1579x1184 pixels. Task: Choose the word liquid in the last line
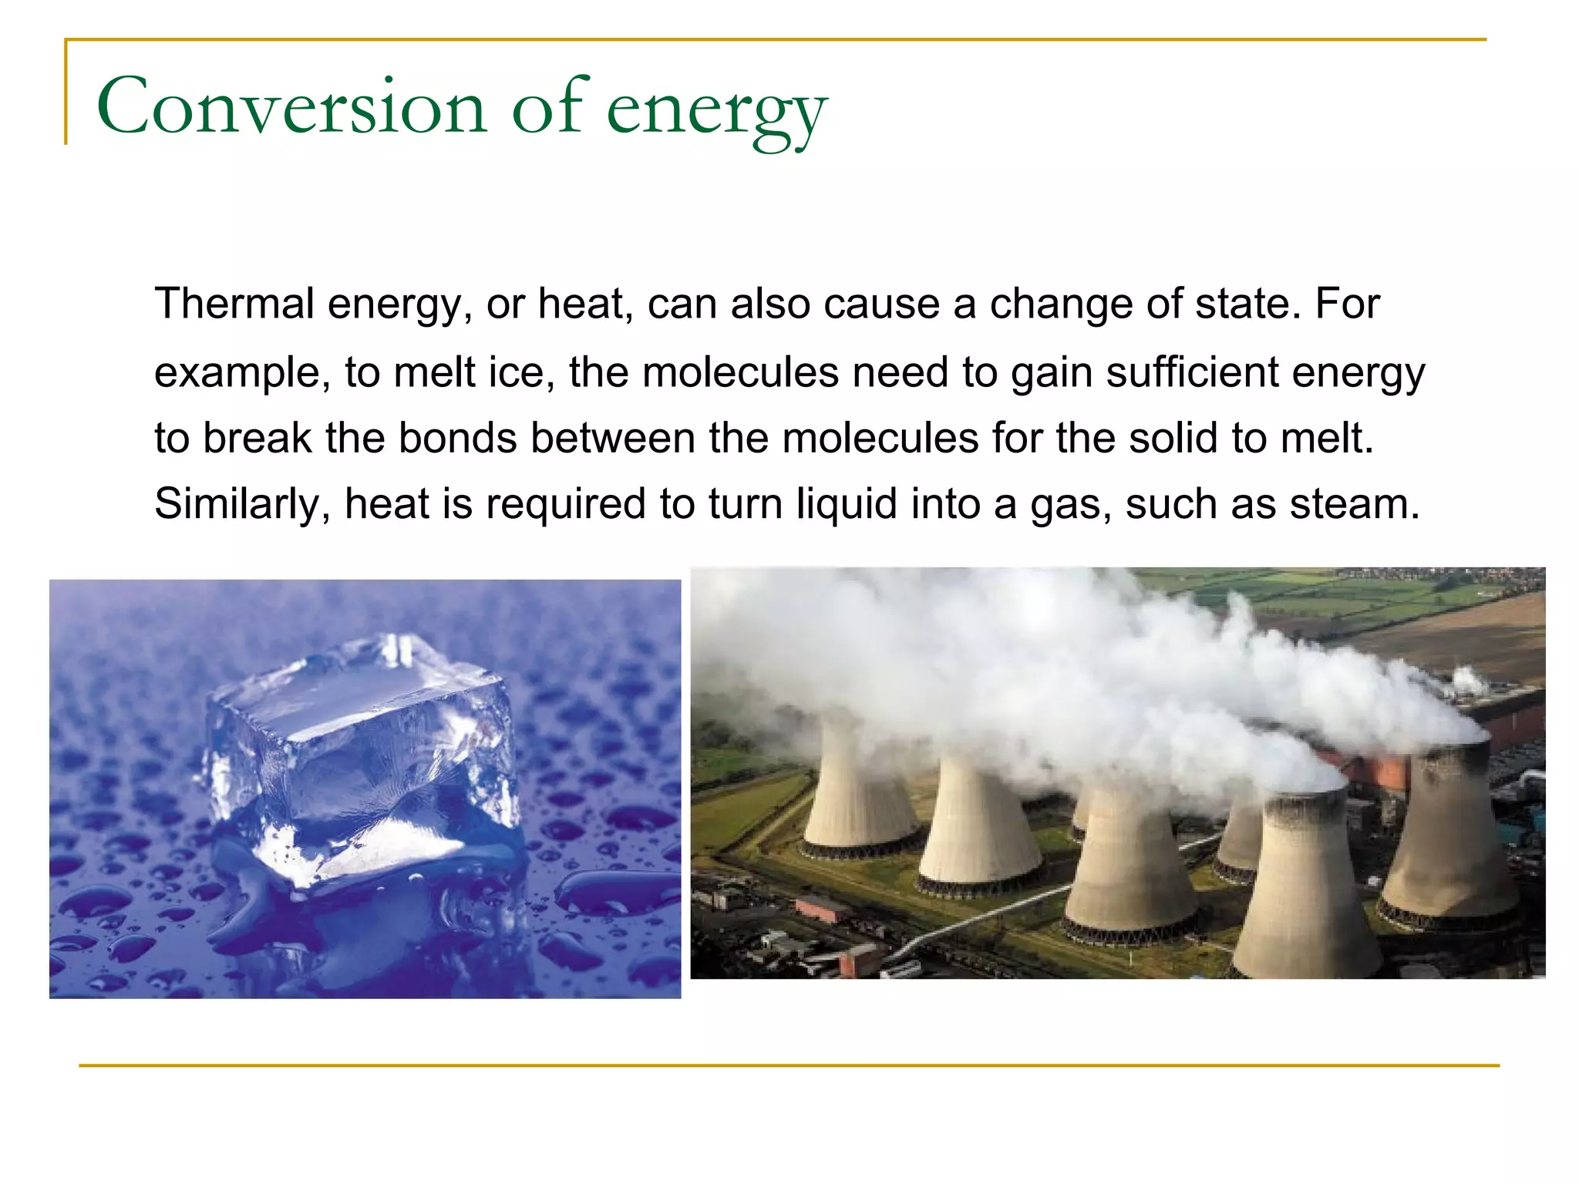pyautogui.click(x=847, y=504)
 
